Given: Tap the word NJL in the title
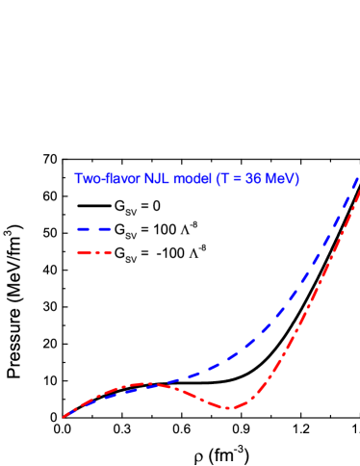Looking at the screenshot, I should pos(158,179).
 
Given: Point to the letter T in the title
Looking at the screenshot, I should pos(225,179).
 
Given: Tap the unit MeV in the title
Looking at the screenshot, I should pos(280,179).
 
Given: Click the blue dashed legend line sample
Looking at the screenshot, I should pos(94,229).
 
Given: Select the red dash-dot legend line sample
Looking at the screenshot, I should pos(94,253).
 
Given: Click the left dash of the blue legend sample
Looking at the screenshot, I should pos(83,229).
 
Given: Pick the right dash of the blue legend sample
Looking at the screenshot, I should pos(105,229).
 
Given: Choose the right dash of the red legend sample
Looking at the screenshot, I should pos(107,253).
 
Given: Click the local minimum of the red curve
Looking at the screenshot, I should pos(227,407).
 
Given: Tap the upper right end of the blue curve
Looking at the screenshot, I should pos(358,178).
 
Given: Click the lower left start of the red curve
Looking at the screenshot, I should pos(64,417).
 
